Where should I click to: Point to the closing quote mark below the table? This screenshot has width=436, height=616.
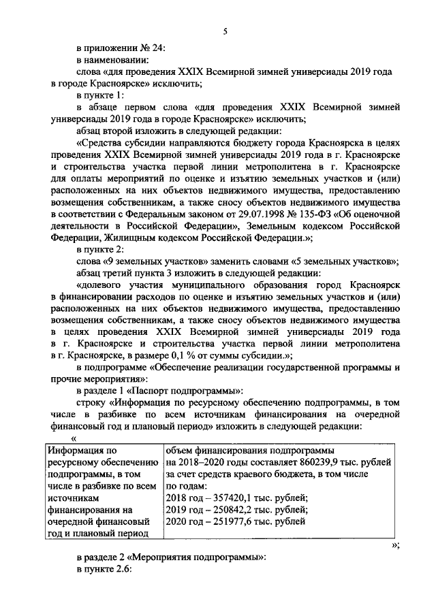tap(396, 545)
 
